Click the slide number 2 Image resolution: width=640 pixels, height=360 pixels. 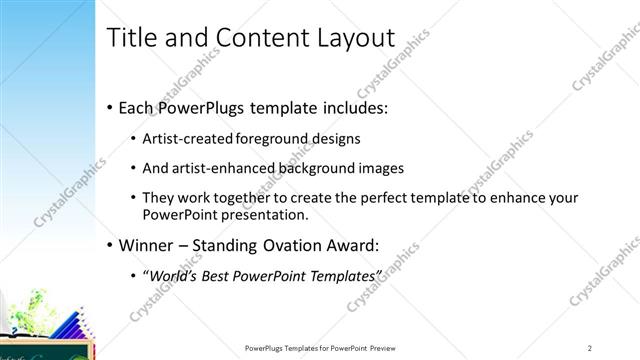[x=590, y=348]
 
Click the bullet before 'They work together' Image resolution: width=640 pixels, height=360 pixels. [x=134, y=198]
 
